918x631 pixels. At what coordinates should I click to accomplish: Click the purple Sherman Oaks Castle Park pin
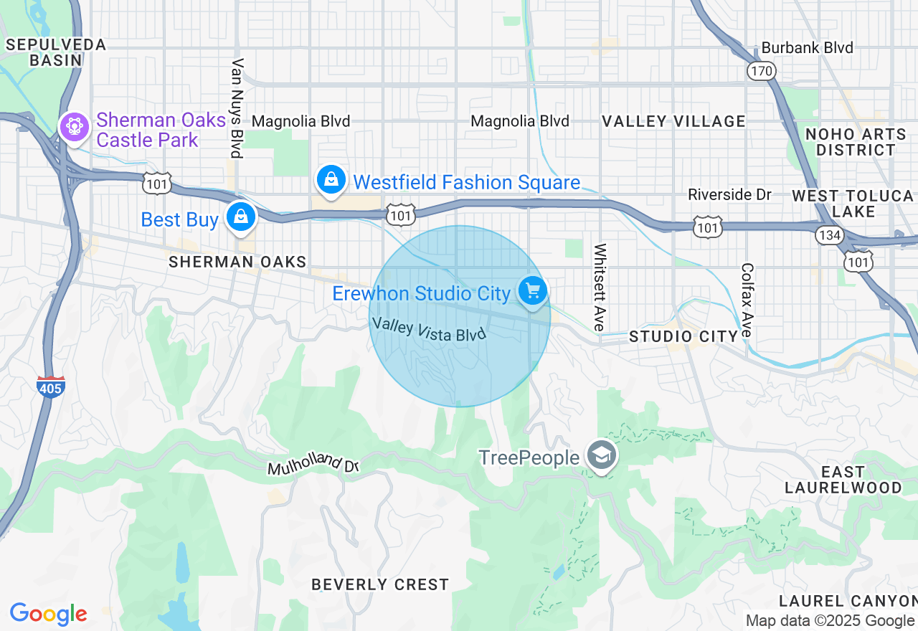click(73, 128)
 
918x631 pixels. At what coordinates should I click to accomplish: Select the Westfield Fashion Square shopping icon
click(331, 179)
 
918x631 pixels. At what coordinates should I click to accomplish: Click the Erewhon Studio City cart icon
click(533, 292)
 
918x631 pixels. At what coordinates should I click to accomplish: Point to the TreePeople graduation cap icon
click(602, 455)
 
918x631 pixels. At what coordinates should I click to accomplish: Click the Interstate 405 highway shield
click(51, 386)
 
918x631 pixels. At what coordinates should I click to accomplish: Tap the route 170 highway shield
click(760, 70)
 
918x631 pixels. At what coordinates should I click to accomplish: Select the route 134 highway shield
click(829, 234)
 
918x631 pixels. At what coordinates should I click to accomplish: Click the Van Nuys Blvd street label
click(237, 108)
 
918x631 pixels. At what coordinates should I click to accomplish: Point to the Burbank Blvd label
click(807, 48)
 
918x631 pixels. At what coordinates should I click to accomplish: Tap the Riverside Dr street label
click(729, 194)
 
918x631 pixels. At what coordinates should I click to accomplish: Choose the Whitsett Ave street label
click(600, 287)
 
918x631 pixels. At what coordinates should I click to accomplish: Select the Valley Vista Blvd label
click(429, 329)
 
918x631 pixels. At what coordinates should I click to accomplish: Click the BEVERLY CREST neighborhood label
click(380, 584)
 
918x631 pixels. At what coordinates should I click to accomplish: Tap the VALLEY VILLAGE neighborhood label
click(673, 121)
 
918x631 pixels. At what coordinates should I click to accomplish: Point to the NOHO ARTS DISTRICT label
click(856, 142)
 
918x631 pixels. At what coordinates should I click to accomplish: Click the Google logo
click(49, 614)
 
